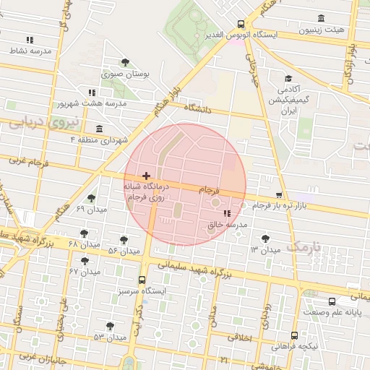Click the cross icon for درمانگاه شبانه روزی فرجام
coord(147,176)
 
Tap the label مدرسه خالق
coord(228,225)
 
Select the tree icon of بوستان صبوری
coord(126,62)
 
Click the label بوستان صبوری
coord(126,74)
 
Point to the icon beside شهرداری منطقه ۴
coord(98,129)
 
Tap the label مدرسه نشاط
coord(30,51)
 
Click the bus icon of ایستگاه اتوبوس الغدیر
coord(239,23)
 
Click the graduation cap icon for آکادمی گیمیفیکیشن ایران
coord(288,79)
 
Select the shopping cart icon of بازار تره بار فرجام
coord(278,195)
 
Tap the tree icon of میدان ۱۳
coord(265,238)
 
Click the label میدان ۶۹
coord(90,208)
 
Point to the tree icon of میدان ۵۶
coord(124,239)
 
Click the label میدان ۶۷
coord(84,271)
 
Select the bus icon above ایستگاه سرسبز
coord(142,280)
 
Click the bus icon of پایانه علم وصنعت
coord(332,301)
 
